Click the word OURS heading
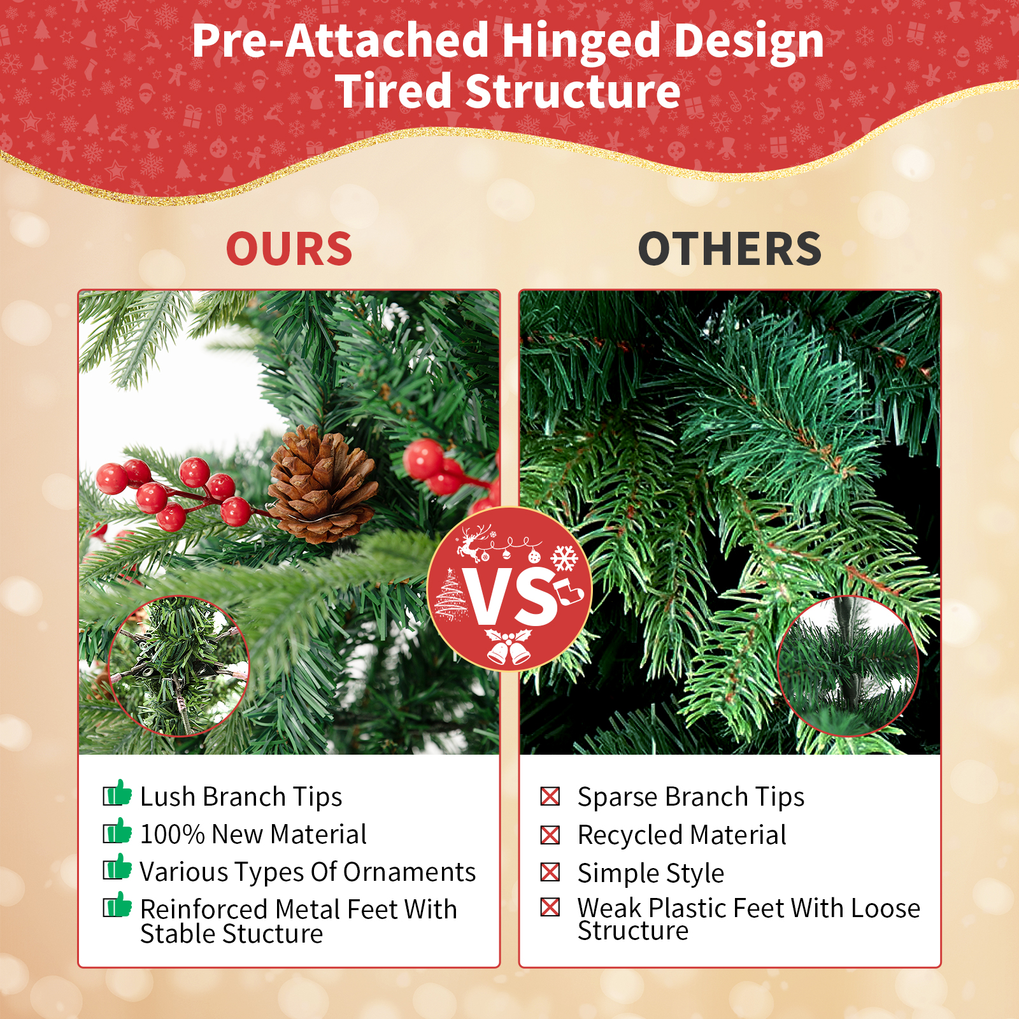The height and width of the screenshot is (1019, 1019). (x=289, y=248)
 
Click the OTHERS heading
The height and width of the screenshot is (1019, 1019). (x=730, y=248)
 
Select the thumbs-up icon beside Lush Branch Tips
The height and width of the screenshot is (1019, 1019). (x=117, y=794)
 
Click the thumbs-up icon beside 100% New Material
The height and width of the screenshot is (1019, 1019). (x=117, y=831)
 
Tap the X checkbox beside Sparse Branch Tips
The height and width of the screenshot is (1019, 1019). (x=550, y=796)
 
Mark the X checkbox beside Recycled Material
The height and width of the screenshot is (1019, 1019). (x=550, y=834)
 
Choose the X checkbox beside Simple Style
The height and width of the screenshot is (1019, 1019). (x=550, y=872)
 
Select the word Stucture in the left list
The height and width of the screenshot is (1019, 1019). (x=276, y=934)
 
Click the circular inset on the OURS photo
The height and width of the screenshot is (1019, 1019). (x=179, y=666)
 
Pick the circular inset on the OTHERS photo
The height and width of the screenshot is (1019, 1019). (x=848, y=666)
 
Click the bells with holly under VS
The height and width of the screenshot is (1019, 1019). (x=508, y=646)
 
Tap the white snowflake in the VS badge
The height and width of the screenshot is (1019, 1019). (x=564, y=558)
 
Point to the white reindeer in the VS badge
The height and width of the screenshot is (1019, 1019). (x=473, y=543)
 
